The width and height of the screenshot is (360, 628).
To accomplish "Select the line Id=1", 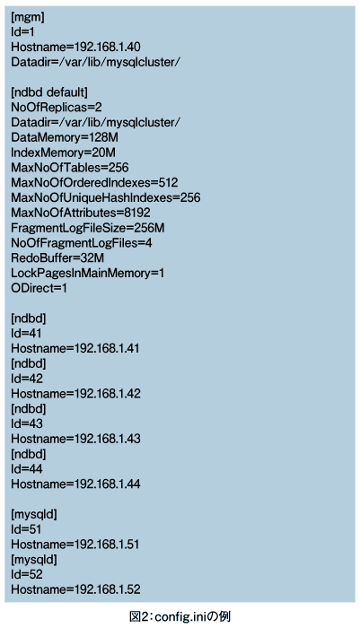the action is pos(22,32).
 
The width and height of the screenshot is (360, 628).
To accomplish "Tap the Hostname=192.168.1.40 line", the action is pos(75,48).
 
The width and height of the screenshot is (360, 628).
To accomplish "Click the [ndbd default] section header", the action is pos(48,92).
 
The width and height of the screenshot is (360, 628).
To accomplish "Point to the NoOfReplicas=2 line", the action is pos(57,108).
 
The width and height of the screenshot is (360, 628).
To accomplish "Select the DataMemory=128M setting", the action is pos(65,137).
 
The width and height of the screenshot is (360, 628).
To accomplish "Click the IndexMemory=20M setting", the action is pos(63,153).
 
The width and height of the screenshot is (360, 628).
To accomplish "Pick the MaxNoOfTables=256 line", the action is pos(70,168).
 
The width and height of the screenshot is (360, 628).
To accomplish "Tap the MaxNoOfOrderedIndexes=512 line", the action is pos(94,183).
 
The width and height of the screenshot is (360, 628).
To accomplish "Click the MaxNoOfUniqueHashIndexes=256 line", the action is pos(105,198).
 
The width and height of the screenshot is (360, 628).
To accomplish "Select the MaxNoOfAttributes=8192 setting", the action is pos(81,213).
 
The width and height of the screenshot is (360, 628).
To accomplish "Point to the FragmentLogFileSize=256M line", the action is pos(88,228).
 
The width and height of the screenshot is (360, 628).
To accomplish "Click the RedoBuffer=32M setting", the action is pos(57,258).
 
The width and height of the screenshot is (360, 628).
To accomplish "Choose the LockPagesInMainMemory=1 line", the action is pos(87,273).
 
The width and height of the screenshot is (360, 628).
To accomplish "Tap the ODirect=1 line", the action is pos(39,288).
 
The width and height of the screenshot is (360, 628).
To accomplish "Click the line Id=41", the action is pos(26,333).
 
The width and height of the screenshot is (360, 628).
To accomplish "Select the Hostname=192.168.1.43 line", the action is pos(75,439).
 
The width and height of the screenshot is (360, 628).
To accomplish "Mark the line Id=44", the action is pos(26,468).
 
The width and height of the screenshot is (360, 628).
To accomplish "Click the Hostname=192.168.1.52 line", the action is pos(75,589).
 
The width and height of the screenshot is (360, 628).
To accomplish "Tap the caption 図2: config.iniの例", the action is pos(180,616).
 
